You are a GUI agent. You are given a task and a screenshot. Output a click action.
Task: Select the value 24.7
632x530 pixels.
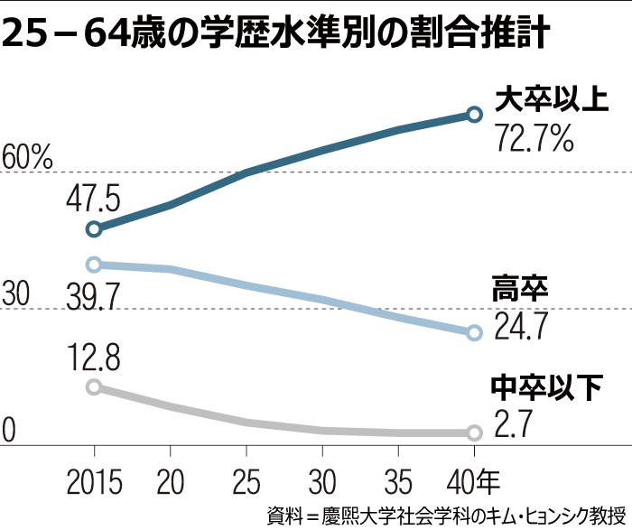pyautogui.click(x=521, y=325)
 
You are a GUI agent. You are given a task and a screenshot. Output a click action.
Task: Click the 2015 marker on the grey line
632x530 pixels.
pyautogui.click(x=94, y=387)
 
